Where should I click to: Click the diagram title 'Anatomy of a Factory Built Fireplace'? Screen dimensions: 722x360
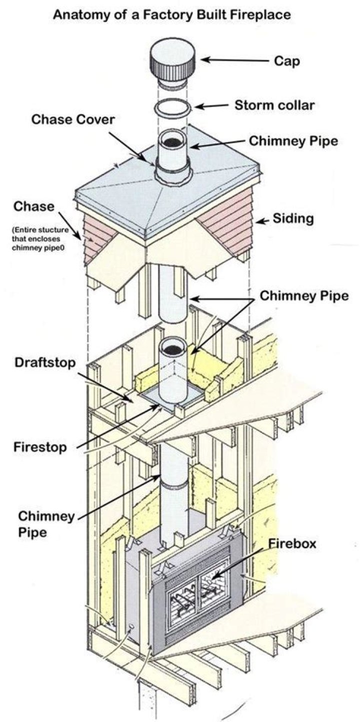pyautogui.click(x=172, y=15)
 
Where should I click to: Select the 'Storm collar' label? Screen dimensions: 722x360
pyautogui.click(x=267, y=106)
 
